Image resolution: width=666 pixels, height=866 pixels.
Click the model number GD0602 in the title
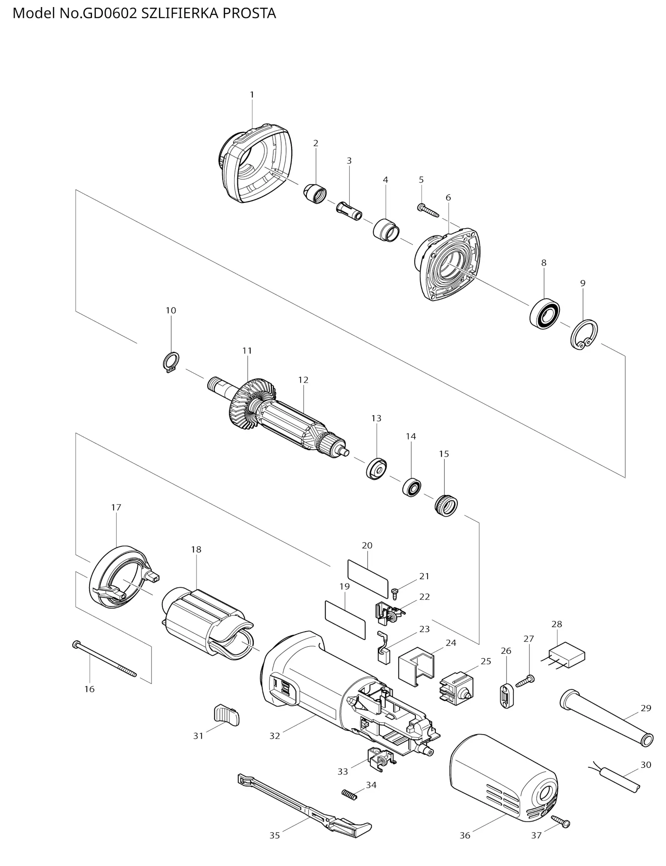click(x=110, y=13)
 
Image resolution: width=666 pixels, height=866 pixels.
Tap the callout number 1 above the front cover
click(x=252, y=95)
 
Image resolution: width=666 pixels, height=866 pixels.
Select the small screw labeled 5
click(x=428, y=210)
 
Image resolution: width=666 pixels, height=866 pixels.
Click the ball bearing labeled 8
click(x=544, y=313)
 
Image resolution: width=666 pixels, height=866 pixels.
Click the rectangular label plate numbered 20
click(x=367, y=578)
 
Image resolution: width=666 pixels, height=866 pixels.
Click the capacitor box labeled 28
click(x=567, y=658)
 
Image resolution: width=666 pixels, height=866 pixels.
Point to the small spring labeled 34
click(x=350, y=794)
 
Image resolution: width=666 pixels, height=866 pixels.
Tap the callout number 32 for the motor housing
click(x=275, y=736)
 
